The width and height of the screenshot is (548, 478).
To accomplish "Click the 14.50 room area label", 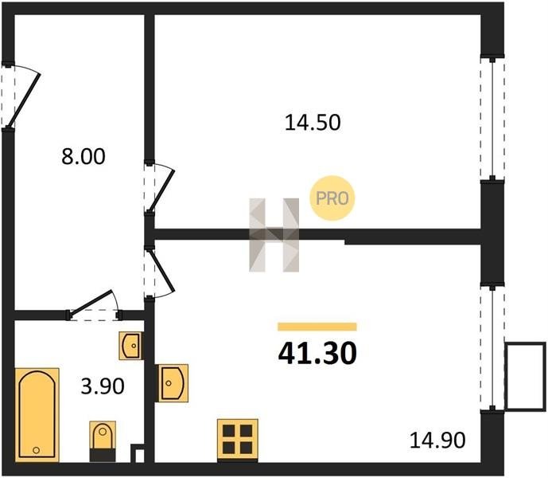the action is point(313,123).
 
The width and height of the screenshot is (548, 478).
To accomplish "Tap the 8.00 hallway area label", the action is point(84,156).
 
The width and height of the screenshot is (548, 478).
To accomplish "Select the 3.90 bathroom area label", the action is point(103,386).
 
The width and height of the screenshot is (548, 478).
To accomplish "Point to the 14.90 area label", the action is point(437,441).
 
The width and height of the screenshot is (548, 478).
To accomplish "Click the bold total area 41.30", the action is point(317,353).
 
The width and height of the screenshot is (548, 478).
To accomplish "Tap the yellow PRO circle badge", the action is point(332,198).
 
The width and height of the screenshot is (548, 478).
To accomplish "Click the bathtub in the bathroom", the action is point(37,415).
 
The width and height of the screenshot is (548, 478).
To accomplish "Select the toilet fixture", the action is point(103,441).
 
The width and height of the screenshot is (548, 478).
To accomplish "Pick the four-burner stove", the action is point(238,440).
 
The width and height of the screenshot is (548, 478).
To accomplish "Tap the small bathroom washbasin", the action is point(131,346).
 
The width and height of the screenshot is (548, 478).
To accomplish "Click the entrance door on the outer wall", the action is point(21,96).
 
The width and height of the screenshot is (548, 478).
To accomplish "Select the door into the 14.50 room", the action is point(159,187).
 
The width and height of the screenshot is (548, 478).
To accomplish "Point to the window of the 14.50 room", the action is point(492,119).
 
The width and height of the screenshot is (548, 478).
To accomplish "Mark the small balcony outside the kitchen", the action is point(525,376).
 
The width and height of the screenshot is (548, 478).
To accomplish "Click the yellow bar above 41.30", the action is point(317,327).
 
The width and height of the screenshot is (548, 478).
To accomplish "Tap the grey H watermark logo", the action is point(274,235).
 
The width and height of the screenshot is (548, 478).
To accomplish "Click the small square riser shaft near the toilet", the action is point(139,454).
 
